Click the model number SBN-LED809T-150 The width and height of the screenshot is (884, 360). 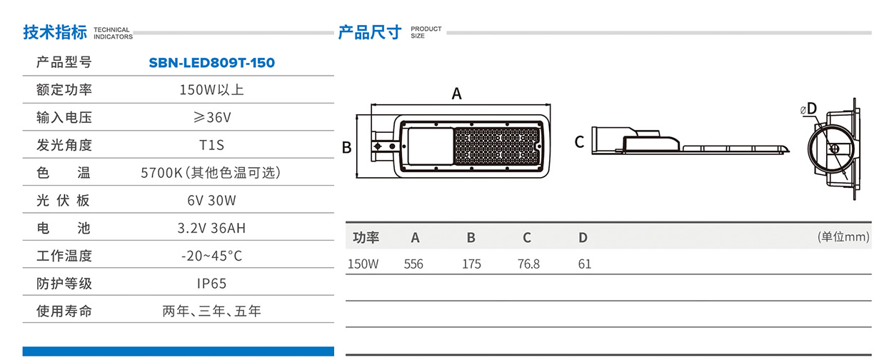(211, 63)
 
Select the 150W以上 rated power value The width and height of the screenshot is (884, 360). (211, 90)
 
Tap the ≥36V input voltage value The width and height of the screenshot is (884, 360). (211, 117)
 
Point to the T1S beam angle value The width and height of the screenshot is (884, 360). (211, 145)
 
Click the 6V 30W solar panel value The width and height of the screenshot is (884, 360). (211, 200)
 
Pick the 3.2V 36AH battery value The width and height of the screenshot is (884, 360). (211, 229)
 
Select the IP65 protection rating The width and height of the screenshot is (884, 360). (211, 284)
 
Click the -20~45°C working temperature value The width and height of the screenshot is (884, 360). (211, 256)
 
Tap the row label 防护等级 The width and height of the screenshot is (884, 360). (64, 284)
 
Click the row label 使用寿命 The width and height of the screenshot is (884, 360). (64, 311)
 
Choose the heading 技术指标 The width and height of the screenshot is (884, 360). (55, 33)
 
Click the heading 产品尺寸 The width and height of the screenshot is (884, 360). (370, 33)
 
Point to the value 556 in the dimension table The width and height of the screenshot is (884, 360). (413, 264)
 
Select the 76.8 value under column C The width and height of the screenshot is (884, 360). (528, 264)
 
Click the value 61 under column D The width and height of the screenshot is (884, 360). (584, 264)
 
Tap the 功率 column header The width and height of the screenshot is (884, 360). (366, 238)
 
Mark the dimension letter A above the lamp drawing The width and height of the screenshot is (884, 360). (457, 94)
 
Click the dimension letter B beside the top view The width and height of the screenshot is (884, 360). (346, 148)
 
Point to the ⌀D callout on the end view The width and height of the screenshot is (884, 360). (808, 109)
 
